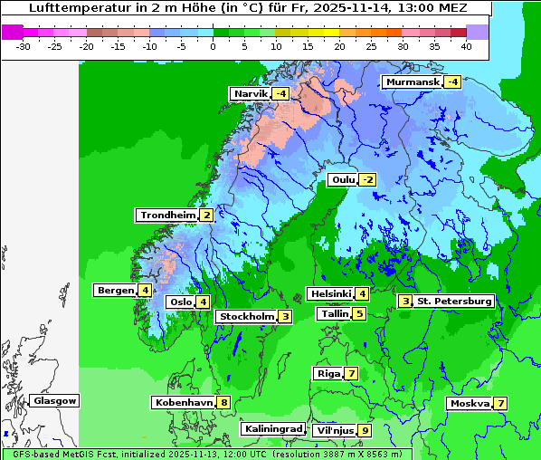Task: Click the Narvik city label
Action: coord(250,93)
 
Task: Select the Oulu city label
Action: coord(342,179)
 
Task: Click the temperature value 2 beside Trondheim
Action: coord(207,215)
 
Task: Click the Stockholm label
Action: coord(245,316)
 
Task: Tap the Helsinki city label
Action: coord(329,293)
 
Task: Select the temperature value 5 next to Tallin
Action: coord(359,313)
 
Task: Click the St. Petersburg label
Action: coord(453,301)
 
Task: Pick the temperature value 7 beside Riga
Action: coord(351,373)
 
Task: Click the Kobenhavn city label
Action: coord(184,402)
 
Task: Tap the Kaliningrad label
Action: coord(272,428)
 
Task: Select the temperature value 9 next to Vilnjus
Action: coord(365,430)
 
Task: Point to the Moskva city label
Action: coord(470,403)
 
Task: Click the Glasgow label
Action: coord(54,400)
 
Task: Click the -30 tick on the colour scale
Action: coord(24,45)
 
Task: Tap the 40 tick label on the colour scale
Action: coord(466,45)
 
